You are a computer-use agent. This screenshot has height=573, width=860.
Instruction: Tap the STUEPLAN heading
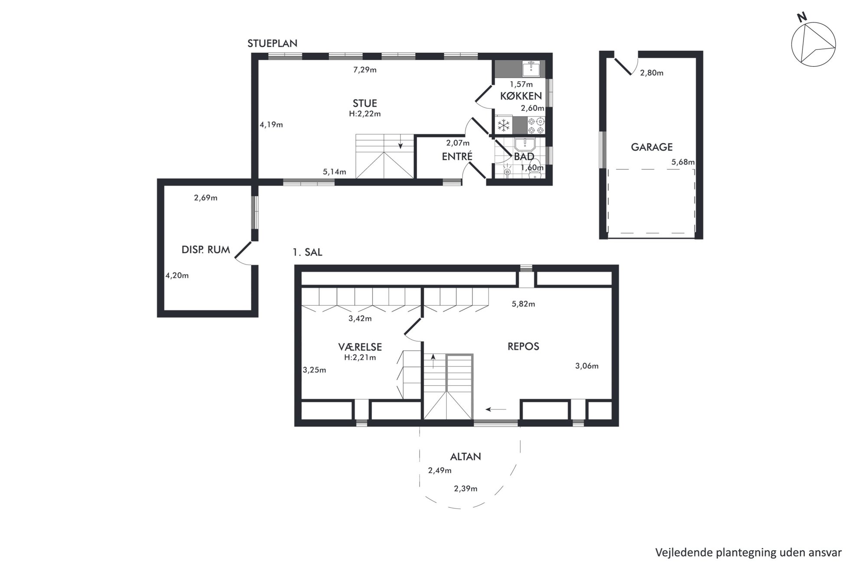pos(272,43)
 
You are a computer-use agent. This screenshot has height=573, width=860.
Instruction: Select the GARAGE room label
pos(652,147)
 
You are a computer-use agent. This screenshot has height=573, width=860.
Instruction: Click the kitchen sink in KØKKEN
pos(531,68)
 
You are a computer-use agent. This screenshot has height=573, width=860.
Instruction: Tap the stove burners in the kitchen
pos(536,126)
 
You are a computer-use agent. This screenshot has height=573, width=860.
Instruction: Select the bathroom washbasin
pos(525,144)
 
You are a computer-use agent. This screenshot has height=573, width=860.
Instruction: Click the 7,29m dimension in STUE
pos(365,70)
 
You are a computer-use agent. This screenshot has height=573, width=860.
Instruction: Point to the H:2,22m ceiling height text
pos(365,114)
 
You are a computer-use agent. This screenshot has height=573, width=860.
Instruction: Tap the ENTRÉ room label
pos(457,156)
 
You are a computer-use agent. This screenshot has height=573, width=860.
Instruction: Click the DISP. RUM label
pos(205,250)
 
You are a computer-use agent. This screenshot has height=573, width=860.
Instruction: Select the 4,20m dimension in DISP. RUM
pos(177,275)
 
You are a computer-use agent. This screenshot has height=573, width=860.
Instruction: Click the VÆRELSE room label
pos(360,347)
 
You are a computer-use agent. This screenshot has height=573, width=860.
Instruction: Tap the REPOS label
pos(523,346)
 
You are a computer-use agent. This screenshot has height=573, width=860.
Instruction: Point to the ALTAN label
pos(466,456)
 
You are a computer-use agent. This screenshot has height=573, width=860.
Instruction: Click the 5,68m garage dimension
pos(683,162)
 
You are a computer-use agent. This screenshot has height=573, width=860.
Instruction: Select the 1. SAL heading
pos(307,253)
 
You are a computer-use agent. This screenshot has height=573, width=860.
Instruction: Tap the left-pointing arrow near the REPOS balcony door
pos(495,409)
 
